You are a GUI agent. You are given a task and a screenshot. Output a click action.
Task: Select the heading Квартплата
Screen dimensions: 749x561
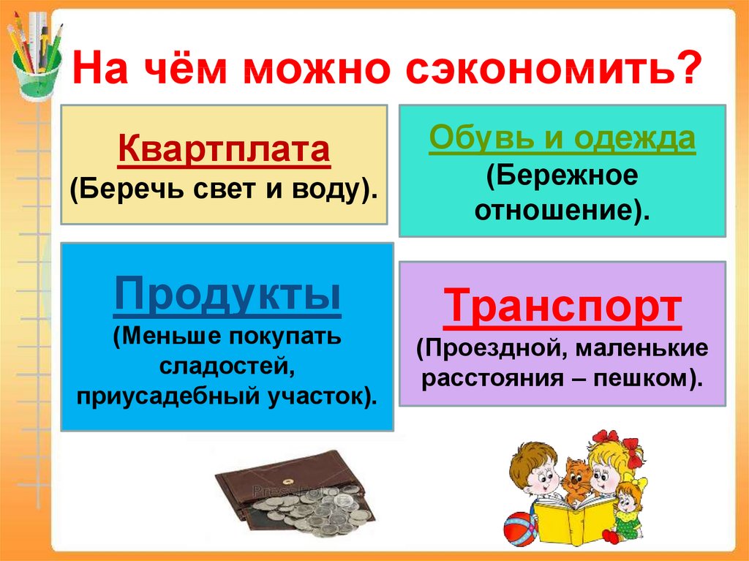pos(224,148)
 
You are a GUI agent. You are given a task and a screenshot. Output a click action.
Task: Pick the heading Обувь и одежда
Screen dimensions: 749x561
pos(562,139)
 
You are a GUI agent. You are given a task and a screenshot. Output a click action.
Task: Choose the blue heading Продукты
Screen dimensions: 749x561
pos(227,294)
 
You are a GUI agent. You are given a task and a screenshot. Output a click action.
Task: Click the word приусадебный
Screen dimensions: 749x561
pos(167,396)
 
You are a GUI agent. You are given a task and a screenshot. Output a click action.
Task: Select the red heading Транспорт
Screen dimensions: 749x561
pos(562,306)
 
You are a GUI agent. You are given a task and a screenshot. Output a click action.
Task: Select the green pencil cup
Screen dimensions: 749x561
pos(36,72)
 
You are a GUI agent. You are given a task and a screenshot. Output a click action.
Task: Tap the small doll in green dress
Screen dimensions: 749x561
pos(628,512)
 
